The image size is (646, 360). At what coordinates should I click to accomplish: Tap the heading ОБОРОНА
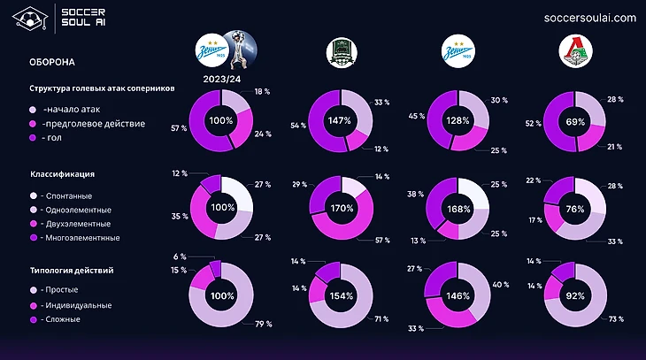(52, 64)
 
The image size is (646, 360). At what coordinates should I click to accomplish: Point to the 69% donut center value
(575, 120)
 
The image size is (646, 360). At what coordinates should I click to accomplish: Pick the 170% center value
(342, 209)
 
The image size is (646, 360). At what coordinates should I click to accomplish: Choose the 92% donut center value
(575, 295)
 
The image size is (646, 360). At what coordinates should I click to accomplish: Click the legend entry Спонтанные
(67, 195)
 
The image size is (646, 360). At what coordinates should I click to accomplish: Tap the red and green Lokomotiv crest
(575, 52)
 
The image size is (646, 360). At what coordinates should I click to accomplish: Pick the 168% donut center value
(458, 209)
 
